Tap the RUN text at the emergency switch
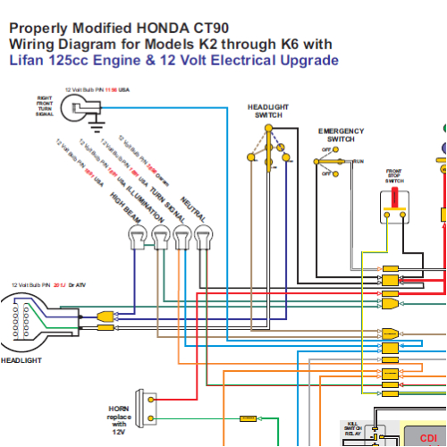(358, 161)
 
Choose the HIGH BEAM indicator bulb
(138, 237)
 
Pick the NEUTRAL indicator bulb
(203, 237)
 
